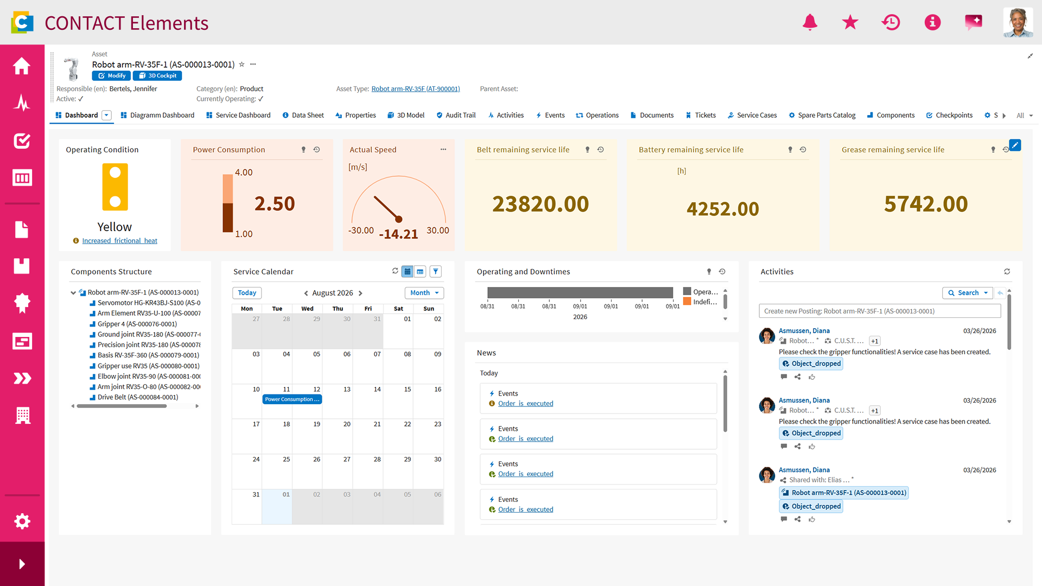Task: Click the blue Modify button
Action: (111, 76)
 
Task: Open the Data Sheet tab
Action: (303, 115)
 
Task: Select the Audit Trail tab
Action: (456, 115)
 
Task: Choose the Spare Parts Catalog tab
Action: (822, 115)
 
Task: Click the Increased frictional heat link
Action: (119, 241)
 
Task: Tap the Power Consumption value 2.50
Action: (275, 203)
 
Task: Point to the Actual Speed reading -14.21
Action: (398, 234)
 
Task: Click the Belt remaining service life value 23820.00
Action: (541, 204)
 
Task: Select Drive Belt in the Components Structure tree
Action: (138, 397)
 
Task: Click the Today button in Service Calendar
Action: (247, 293)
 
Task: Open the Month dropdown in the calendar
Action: (424, 293)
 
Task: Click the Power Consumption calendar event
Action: (292, 399)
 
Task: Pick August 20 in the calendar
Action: (347, 424)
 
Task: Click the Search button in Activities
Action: (968, 293)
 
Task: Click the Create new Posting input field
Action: (880, 311)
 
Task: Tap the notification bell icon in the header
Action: (810, 22)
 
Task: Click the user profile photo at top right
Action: (1018, 22)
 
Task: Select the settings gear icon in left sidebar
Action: (22, 521)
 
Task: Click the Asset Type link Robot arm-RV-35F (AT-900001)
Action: (416, 89)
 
